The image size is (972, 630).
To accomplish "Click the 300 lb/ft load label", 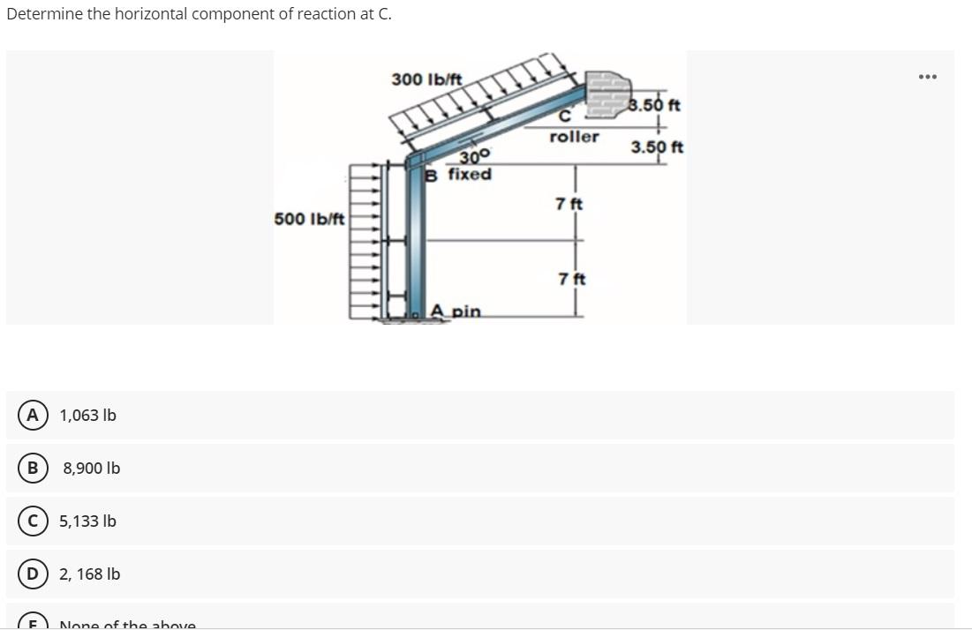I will click(x=426, y=79).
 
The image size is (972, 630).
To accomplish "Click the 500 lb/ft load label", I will click(x=309, y=218).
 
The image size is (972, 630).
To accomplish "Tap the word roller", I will click(x=574, y=137).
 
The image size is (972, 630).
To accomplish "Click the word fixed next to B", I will click(x=470, y=174).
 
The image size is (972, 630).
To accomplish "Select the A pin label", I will click(x=456, y=311).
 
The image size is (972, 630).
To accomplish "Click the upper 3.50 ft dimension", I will click(x=654, y=106).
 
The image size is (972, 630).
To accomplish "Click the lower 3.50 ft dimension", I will click(x=657, y=146).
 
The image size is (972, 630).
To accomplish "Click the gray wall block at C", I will click(x=609, y=90).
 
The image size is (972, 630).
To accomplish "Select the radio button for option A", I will click(x=34, y=415).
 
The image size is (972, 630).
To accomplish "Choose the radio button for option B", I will click(x=34, y=468).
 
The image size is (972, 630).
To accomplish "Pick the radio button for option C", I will click(x=34, y=521).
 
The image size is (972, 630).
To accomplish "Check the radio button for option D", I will click(x=34, y=574).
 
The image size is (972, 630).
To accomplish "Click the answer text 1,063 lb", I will click(x=87, y=415).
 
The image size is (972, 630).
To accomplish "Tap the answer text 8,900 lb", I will click(x=91, y=468).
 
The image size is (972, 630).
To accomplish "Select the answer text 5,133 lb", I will click(x=87, y=521).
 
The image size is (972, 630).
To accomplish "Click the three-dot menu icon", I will click(x=926, y=76).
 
